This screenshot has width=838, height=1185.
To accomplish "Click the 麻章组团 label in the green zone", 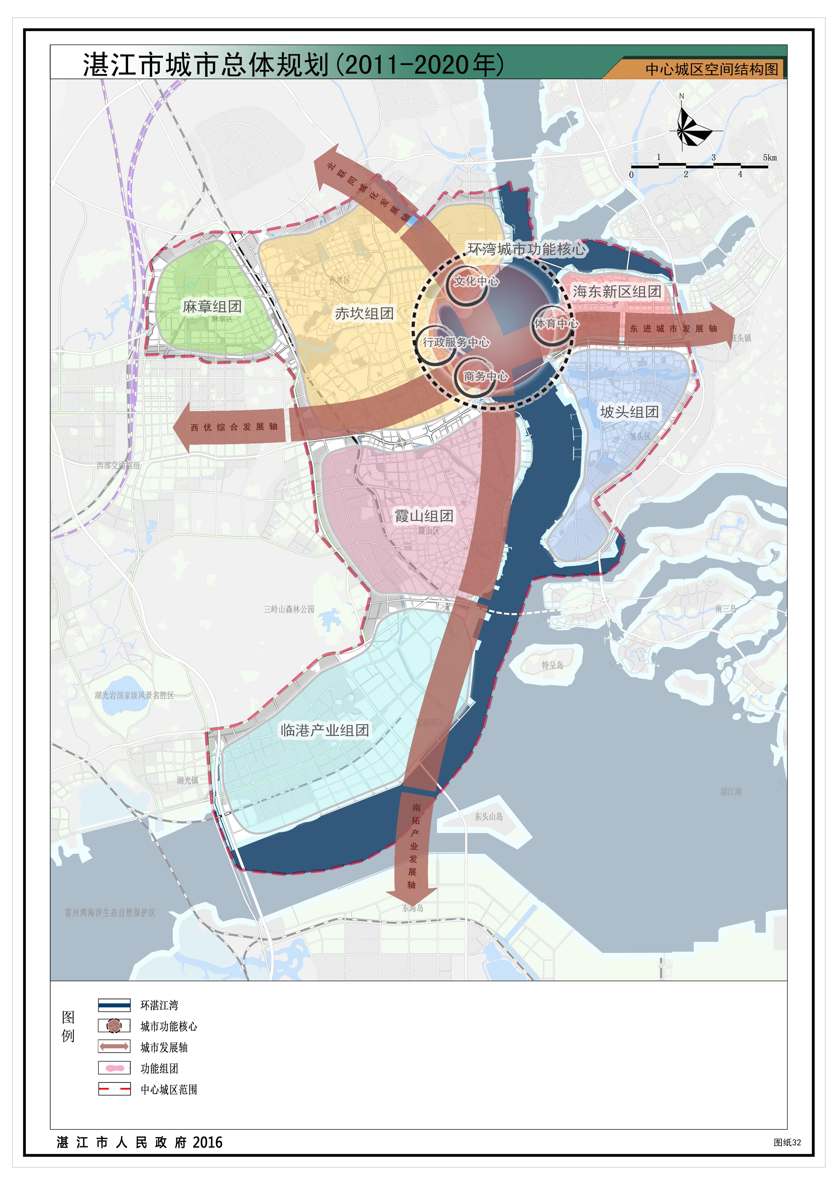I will pos(212,307).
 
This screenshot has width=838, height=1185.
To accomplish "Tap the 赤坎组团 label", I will pos(364,313).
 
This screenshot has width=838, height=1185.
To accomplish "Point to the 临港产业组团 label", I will pos(325,730).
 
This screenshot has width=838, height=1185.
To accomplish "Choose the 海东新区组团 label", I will pos(617,292).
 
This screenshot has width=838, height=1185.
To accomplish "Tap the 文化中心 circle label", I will pos(476,281).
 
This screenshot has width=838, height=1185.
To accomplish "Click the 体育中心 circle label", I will pos(556,324).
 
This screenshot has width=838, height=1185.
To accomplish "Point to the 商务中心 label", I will pos(485,376).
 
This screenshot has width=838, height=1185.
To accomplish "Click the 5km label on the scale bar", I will pos(769,157).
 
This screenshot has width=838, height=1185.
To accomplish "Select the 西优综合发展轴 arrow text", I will pos(234,427).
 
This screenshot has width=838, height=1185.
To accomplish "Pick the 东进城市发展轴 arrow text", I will pos(673,329).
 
